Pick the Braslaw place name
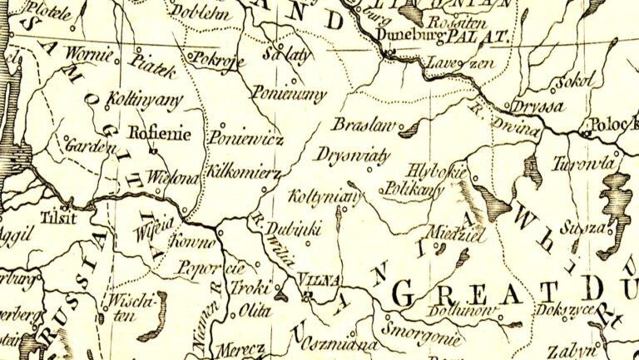point(359,125)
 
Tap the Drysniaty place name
point(349,155)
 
